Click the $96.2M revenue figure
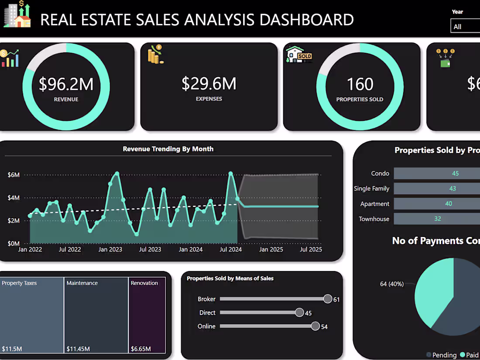66,84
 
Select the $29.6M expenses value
209,83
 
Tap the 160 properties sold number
360,84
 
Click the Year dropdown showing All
465,27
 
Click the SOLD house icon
299,55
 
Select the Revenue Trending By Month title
168,149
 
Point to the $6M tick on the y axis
14,175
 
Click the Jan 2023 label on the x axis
110,250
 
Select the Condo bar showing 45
436,173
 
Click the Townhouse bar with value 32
436,219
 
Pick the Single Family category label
371,189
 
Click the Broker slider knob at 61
328,298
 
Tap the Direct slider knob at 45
299,312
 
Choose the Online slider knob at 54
315,326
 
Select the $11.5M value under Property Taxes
12,349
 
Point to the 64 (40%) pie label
391,284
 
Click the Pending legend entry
441,355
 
